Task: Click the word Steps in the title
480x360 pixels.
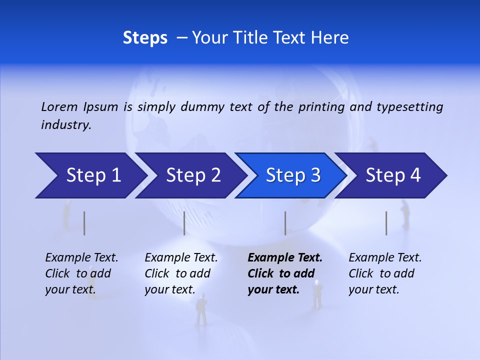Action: (145, 38)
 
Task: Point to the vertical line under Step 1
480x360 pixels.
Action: (84, 223)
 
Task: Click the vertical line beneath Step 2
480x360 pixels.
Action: (184, 223)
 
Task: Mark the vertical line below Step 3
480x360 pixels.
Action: (285, 223)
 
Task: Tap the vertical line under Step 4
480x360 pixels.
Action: (386, 223)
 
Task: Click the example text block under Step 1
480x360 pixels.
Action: (81, 273)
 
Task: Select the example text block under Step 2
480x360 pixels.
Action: (181, 273)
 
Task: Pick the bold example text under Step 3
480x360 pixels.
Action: (285, 273)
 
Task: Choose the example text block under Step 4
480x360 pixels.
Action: (385, 273)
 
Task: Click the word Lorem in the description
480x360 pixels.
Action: (59, 106)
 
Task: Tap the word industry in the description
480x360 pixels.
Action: (65, 125)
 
